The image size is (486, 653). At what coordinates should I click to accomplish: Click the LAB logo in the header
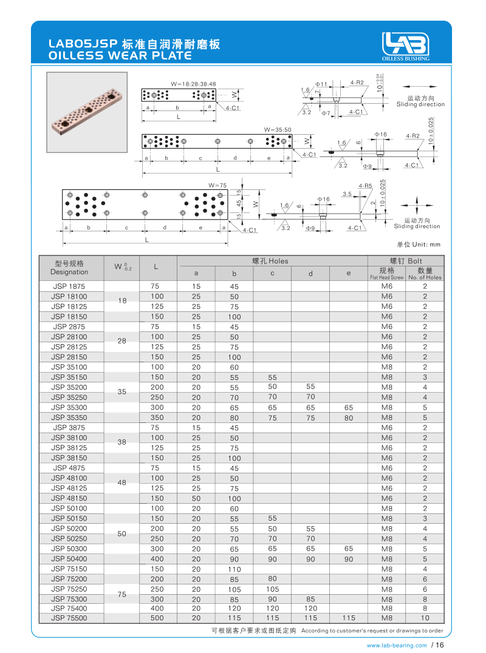405,44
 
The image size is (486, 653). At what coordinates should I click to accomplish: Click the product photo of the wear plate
87,112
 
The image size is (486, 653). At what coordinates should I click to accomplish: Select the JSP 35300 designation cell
69,407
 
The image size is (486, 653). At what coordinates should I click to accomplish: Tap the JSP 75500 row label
69,618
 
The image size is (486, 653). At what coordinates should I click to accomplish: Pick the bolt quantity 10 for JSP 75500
425,618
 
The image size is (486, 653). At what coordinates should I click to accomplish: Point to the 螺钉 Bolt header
406,261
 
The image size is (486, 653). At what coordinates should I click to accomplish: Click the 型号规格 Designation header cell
69,268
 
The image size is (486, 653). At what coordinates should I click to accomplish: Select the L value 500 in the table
157,618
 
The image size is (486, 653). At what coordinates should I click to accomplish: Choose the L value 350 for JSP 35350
157,418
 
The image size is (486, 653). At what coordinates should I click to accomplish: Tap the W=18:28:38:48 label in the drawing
193,84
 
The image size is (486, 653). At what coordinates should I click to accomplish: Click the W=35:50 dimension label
278,130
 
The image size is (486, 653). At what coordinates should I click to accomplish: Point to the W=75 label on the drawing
217,185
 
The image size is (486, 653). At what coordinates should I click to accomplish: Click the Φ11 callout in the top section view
321,84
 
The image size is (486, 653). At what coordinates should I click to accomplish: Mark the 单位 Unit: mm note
418,245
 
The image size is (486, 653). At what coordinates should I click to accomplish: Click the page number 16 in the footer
440,645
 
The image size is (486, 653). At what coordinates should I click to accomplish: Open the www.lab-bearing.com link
397,646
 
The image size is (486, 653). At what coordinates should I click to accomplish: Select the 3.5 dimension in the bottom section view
347,194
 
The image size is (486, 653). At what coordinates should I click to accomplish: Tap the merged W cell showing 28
122,341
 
